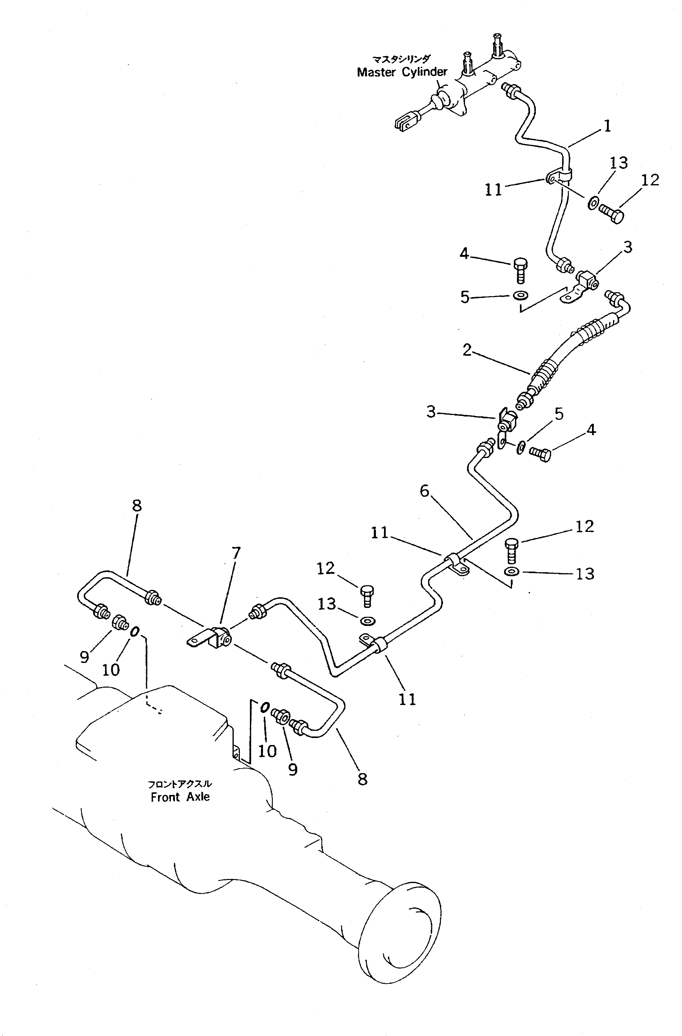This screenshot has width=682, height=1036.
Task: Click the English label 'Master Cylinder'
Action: point(402,72)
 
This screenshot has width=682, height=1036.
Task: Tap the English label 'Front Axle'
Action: point(180,797)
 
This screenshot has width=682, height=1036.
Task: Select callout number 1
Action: point(608,126)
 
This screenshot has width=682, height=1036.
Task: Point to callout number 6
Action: point(424,492)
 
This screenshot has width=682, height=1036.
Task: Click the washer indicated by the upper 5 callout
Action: point(519,296)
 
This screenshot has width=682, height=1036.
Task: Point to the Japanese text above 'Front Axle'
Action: point(180,784)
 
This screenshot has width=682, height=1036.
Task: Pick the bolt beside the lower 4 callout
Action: point(541,455)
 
